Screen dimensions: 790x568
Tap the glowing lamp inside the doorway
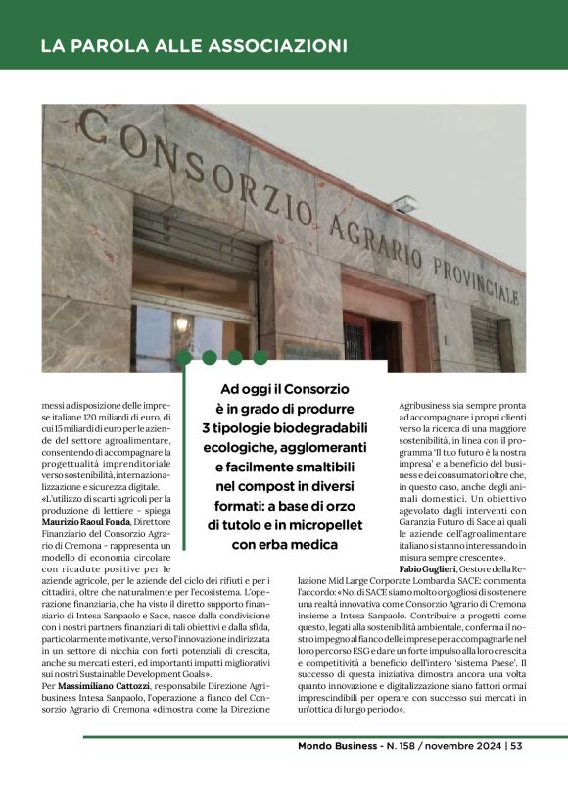tap(180, 322)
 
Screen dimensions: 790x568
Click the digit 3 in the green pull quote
tap(207, 427)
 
